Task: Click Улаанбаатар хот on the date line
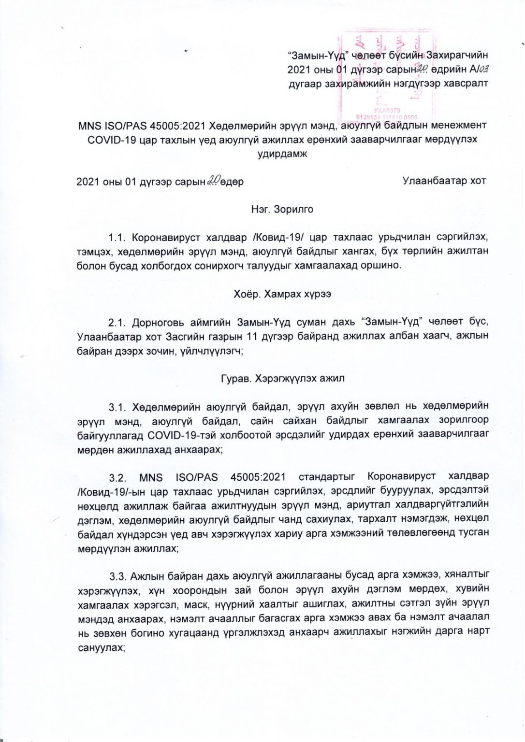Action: pos(444,182)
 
